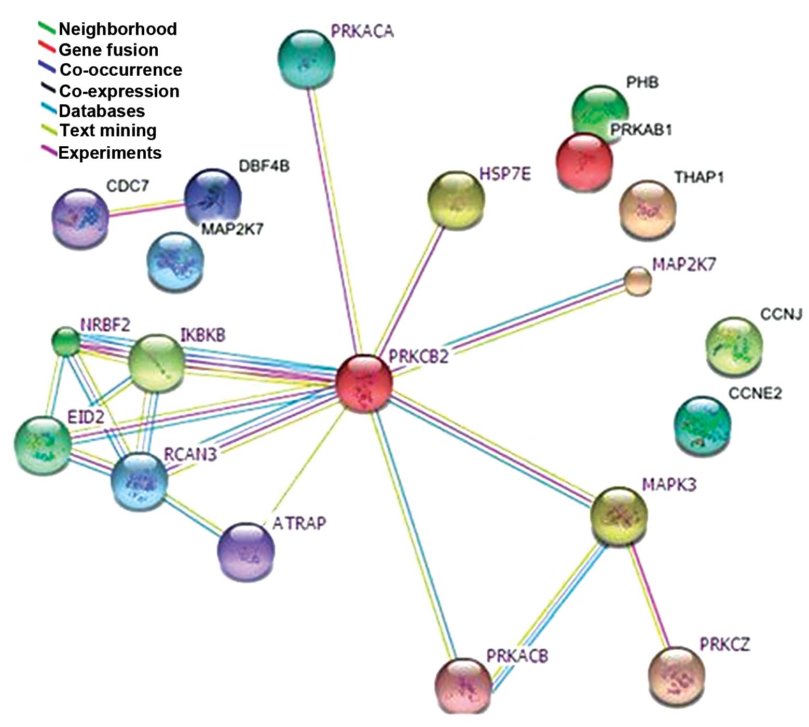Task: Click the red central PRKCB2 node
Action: [x=364, y=383]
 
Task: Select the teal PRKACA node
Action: [x=306, y=59]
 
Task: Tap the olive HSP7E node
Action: [x=456, y=200]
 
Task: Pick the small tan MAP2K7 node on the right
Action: [x=637, y=281]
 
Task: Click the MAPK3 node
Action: [x=619, y=515]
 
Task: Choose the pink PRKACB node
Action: [x=463, y=686]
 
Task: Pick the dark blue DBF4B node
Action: [x=213, y=197]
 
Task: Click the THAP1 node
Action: [x=648, y=209]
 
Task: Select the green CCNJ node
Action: [x=734, y=346]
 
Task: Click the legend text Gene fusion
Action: [x=108, y=50]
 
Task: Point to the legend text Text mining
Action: [x=108, y=131]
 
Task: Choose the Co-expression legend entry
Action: [x=119, y=91]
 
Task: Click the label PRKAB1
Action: [x=641, y=130]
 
